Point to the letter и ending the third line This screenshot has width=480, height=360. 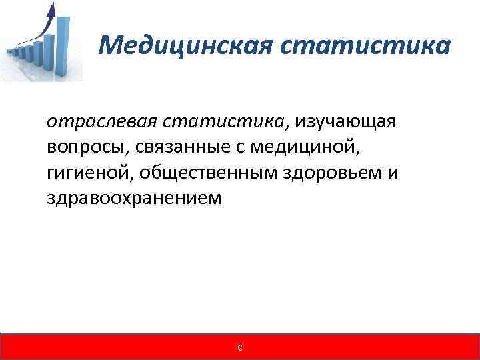[393, 173]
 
